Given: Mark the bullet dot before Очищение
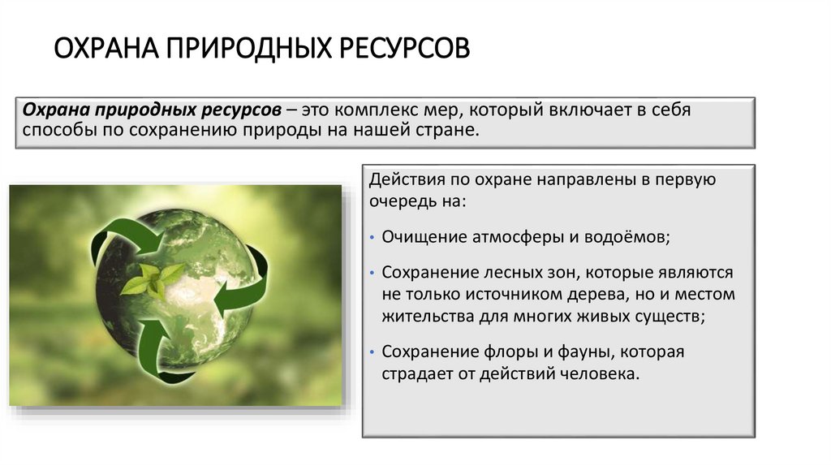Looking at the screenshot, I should tap(371, 239).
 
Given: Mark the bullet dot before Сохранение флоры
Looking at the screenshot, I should tap(371, 353).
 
